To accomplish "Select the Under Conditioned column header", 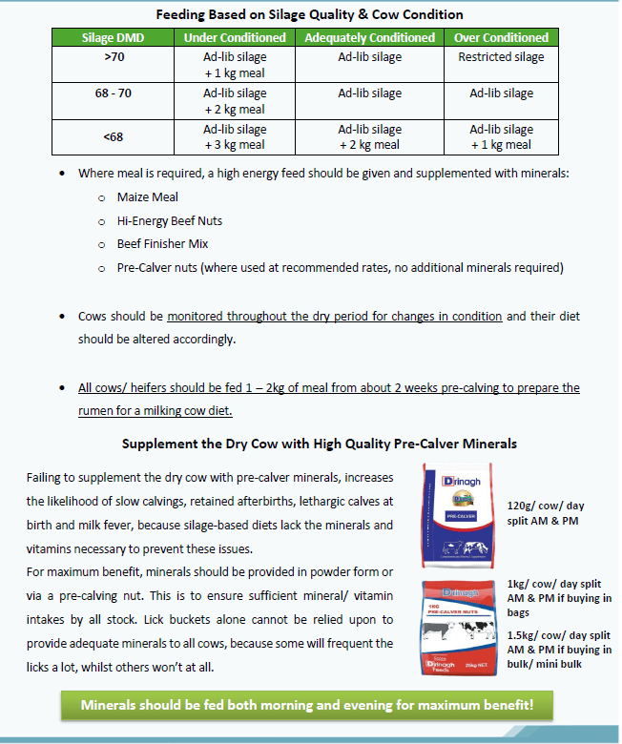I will click(x=235, y=37).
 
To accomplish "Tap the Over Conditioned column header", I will click(x=501, y=37).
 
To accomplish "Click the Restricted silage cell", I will click(x=501, y=57).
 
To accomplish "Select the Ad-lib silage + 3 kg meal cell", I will click(x=235, y=136).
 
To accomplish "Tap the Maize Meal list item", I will click(x=148, y=197).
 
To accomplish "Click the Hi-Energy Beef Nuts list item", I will click(x=170, y=220).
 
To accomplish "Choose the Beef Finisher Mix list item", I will click(x=163, y=243).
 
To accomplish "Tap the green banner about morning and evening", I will click(x=306, y=707).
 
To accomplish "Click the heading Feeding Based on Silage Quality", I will click(x=310, y=14).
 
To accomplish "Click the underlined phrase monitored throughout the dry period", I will click(x=334, y=316).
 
